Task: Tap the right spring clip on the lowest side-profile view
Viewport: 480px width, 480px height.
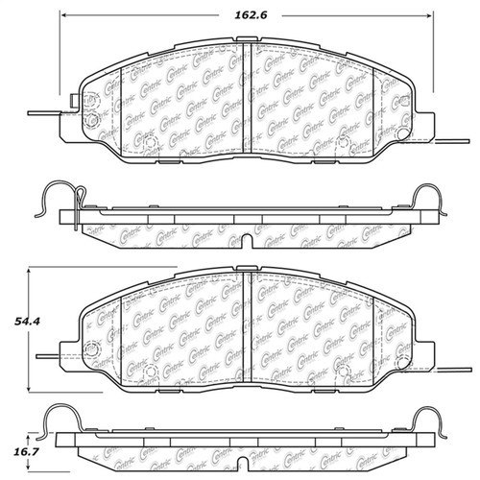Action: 427,422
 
